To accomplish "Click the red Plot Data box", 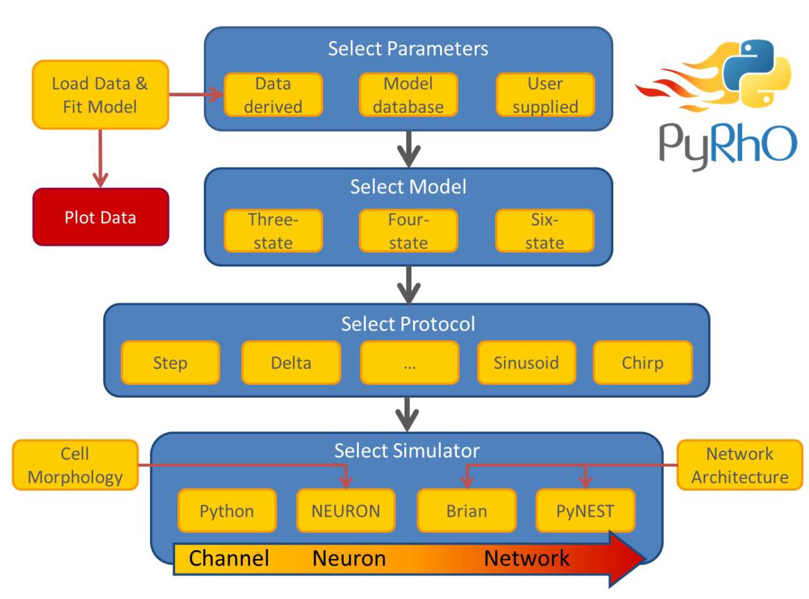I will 101,217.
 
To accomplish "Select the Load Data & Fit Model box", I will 101,95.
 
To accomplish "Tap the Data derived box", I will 273,95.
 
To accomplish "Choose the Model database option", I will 408,95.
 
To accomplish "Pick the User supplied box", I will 545,95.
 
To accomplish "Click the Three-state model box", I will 273,231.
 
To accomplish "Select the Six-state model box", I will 545,231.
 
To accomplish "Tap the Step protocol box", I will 170,363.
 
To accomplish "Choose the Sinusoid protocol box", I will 526,363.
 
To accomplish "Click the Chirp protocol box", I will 642,363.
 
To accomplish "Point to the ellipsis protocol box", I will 410,363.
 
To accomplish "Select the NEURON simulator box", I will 346,511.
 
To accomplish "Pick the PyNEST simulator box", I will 585,511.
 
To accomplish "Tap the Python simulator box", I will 227,511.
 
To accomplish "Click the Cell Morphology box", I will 75,465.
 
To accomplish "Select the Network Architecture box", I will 740,465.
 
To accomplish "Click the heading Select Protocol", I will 408,324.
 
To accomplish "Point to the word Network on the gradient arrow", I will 526,558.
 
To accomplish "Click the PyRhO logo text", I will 728,144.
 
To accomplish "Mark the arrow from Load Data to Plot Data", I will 101,159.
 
